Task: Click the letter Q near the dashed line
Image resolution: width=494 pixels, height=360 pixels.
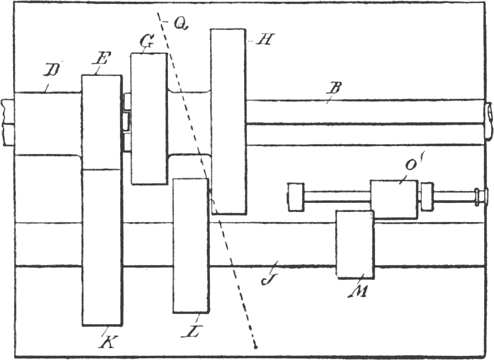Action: [180, 24]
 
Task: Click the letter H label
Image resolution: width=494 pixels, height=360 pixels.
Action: [263, 40]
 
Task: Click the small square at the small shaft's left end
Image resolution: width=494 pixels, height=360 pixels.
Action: [296, 197]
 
